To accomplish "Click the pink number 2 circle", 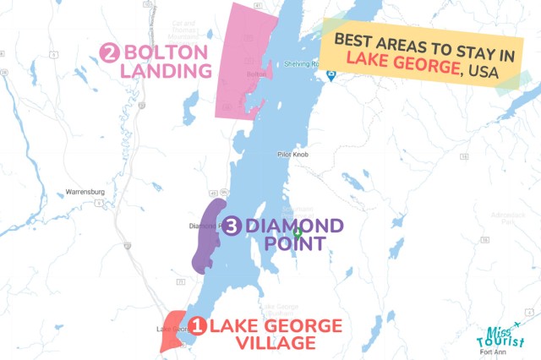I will click(x=109, y=53).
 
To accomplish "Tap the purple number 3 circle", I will click(x=232, y=226).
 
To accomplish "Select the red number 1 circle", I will click(x=195, y=325).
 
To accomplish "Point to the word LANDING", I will click(x=166, y=71).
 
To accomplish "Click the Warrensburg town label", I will click(x=85, y=192).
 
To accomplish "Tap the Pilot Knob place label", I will click(x=295, y=155).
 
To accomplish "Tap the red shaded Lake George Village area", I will click(x=173, y=335).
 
